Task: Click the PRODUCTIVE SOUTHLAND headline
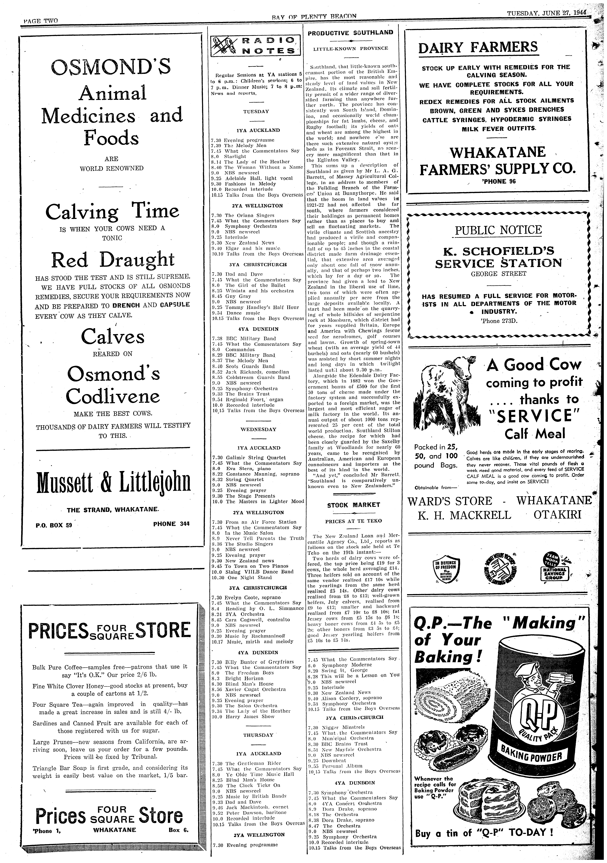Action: pyautogui.click(x=350, y=33)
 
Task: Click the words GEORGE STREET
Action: pyautogui.click(x=498, y=274)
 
